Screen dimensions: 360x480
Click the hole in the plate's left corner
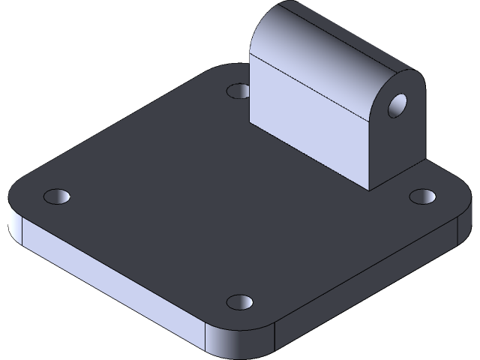click(56, 197)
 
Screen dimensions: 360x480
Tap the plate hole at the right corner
click(423, 196)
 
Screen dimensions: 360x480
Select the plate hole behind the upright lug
click(238, 91)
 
